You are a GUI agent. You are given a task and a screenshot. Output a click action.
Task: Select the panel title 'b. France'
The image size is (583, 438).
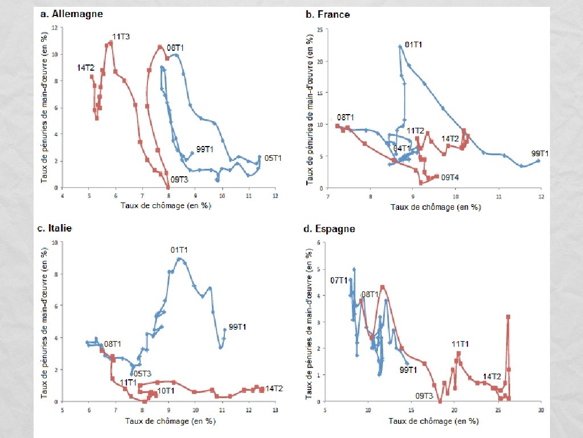click(327, 14)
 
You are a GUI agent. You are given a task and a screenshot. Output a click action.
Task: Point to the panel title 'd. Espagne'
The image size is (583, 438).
click(330, 229)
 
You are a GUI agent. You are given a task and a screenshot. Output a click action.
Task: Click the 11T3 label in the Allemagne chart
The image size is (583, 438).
click(121, 36)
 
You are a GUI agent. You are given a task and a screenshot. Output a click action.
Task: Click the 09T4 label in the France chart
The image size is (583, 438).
click(450, 177)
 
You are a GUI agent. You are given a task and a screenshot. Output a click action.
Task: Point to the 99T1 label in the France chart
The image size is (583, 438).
click(540, 153)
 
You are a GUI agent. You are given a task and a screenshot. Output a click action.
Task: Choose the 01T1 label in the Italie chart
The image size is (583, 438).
click(179, 249)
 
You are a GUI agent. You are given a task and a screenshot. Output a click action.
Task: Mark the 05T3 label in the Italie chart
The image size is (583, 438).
click(142, 374)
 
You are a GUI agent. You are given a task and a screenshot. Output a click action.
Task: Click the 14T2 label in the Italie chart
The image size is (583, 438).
click(274, 388)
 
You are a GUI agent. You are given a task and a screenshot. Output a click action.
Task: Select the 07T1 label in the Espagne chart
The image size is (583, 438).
click(339, 280)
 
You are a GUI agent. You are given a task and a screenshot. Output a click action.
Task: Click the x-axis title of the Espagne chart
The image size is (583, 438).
click(433, 421)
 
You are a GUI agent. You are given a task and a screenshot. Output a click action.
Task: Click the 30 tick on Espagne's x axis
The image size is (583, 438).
click(540, 409)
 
